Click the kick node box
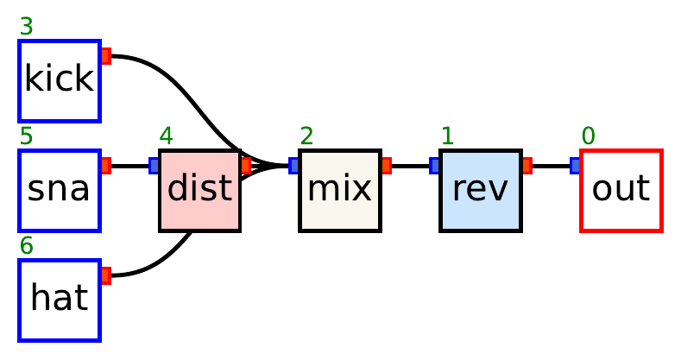(60, 80)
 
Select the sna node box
(60, 190)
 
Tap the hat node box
(60, 299)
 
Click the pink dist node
(199, 190)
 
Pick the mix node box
(340, 190)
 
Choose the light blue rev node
(481, 190)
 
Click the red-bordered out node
(621, 190)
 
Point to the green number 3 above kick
(26, 28)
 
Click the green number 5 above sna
(26, 136)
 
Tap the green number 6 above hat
(26, 246)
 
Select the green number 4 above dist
(167, 136)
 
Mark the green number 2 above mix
(307, 136)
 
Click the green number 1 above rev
(447, 136)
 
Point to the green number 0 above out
(588, 136)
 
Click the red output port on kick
(106, 56)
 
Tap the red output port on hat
(106, 275)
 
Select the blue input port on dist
(154, 166)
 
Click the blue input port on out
(576, 166)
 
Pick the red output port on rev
(527, 166)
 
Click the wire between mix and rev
(411, 166)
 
